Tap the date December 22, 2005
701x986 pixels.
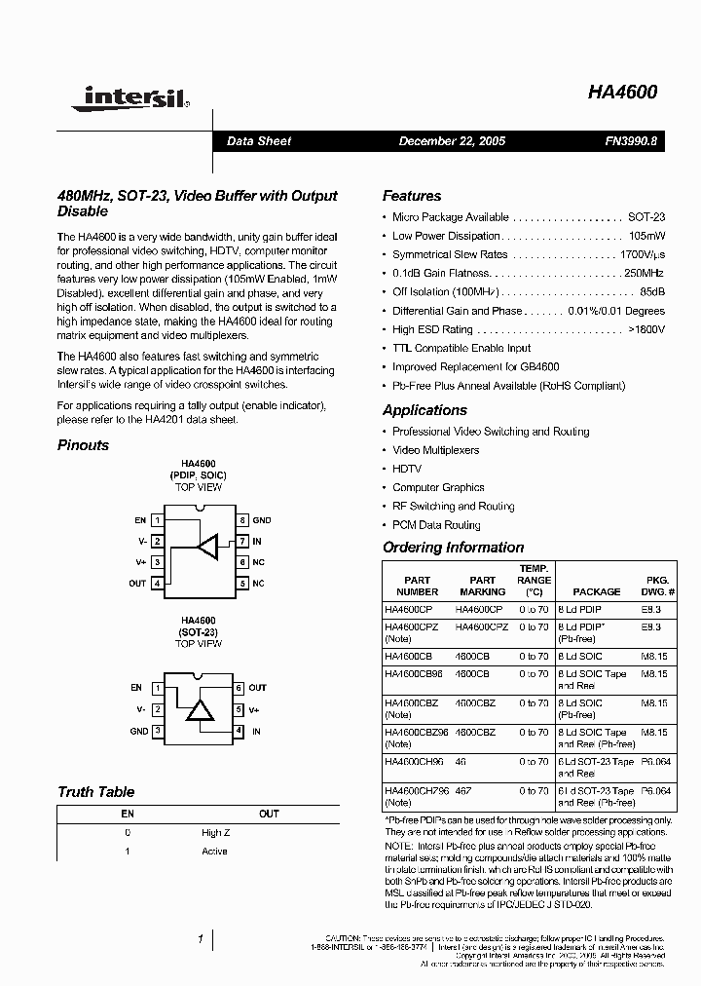click(x=452, y=141)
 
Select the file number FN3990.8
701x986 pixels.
click(x=631, y=141)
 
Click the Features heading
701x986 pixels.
click(x=411, y=196)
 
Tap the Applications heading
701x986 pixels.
click(x=424, y=410)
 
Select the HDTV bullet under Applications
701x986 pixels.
click(x=407, y=469)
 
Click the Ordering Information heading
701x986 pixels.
click(x=453, y=548)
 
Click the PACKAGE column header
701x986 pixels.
click(x=596, y=591)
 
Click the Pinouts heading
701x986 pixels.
click(x=84, y=445)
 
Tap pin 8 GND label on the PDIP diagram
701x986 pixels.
click(x=261, y=521)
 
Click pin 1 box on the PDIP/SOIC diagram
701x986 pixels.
click(x=157, y=521)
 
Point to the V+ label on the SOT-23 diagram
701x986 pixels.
click(x=255, y=709)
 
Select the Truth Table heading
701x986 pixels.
click(x=95, y=792)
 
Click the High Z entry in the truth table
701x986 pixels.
click(x=215, y=833)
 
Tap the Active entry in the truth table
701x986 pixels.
click(x=214, y=852)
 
